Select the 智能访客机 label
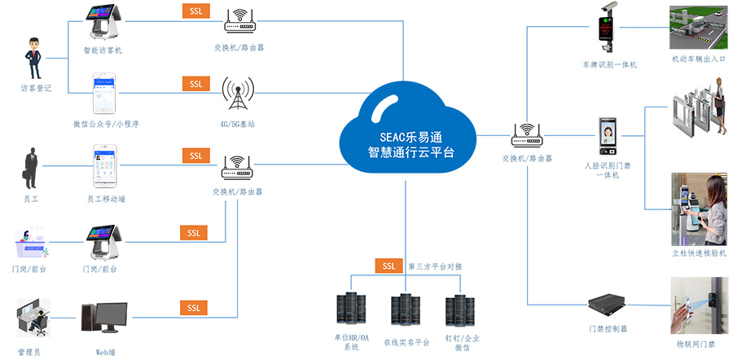click(103, 50)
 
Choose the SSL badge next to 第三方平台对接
click(388, 266)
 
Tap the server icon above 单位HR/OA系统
click(351, 310)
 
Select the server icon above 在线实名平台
click(405, 310)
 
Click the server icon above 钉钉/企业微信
click(459, 310)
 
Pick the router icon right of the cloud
click(527, 135)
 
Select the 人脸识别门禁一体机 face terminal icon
click(607, 137)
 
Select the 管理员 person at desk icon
click(33, 318)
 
